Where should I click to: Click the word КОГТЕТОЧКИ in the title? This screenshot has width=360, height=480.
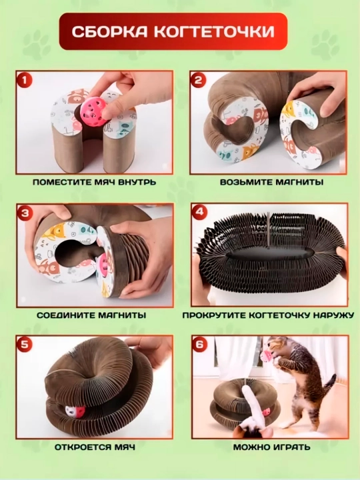tap(214, 31)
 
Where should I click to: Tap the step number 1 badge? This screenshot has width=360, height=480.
tap(25, 81)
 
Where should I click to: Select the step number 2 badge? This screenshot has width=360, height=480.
tap(199, 81)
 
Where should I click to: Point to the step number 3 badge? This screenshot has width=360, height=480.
tap(25, 213)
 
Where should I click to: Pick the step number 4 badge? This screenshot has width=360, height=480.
tap(199, 213)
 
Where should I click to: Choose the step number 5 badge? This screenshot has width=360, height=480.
tap(25, 345)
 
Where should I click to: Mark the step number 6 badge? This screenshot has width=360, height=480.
tap(199, 345)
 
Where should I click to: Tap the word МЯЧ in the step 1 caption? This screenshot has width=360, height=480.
tap(106, 182)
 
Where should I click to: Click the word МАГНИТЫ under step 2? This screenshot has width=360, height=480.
tap(299, 182)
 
